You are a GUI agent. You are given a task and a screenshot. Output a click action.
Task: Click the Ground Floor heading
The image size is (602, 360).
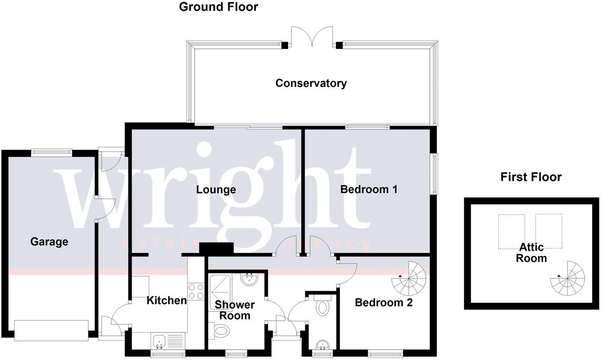point(218,7)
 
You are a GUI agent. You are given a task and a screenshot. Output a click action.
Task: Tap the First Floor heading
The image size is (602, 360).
point(531,177)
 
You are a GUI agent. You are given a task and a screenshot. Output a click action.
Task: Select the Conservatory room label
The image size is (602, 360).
point(311,83)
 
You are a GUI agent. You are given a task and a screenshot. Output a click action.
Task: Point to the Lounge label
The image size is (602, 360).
point(216,189)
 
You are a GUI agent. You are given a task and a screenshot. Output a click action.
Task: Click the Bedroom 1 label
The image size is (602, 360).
point(368,189)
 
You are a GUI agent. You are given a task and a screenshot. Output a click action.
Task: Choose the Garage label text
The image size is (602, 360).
point(49,242)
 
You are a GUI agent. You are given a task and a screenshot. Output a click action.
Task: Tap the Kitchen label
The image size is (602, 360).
point(167,300)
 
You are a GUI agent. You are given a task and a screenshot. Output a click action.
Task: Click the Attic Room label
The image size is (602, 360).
point(532,253)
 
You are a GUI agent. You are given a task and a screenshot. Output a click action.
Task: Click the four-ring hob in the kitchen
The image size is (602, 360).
point(196,291)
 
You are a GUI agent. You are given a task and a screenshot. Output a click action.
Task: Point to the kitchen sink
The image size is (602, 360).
point(159,341)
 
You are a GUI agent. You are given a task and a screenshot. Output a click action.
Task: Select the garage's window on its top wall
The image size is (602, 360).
point(51,152)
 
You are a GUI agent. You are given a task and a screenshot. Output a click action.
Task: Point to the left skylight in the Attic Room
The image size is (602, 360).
point(511,231)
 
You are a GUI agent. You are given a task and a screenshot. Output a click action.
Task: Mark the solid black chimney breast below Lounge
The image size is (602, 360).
point(216,248)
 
